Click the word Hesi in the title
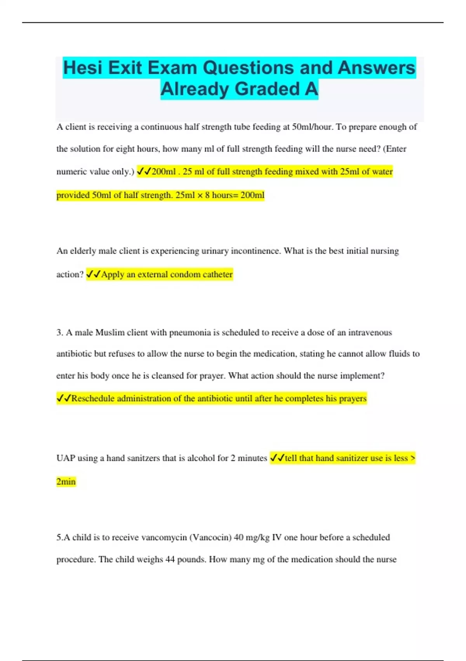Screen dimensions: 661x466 [83, 68]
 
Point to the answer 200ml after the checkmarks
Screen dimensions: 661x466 [163, 171]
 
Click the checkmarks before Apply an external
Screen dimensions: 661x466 [93, 274]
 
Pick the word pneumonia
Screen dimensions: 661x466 [190, 332]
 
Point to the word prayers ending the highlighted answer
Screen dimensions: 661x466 [352, 398]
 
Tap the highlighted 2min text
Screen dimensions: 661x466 [66, 481]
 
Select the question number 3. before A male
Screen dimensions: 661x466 [60, 332]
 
